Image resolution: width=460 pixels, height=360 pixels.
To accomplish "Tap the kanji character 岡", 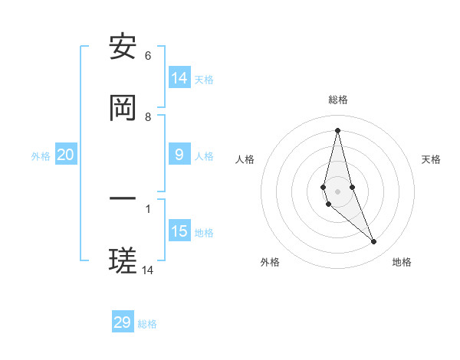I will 123,110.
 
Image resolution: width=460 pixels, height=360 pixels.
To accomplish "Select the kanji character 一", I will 123,201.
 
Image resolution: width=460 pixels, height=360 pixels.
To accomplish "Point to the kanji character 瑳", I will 123,262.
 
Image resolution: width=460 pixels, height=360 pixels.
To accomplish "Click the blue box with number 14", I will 179,78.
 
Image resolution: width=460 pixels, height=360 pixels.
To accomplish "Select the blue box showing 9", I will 179,155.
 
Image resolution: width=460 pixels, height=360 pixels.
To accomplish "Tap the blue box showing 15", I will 179,231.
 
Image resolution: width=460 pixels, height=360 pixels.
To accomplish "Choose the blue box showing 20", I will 66,155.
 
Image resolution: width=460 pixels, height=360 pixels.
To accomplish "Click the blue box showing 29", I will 123,322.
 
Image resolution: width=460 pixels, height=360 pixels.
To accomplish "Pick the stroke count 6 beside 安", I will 148,56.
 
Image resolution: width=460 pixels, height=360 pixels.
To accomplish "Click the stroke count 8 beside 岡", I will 148,117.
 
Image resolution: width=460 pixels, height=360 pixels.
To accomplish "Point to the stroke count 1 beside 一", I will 148,208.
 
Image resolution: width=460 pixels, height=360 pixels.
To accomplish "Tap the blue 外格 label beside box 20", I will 41,156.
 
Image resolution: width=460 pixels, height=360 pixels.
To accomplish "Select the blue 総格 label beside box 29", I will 147,324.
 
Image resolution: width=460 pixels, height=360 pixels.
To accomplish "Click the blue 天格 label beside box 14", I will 204,80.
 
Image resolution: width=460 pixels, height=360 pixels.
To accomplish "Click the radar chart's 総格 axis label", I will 338,100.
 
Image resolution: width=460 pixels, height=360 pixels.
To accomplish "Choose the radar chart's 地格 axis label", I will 402,262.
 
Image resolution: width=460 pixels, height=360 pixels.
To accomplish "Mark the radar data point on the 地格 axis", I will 374,242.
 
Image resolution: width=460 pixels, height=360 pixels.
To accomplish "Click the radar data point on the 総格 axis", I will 337,130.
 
